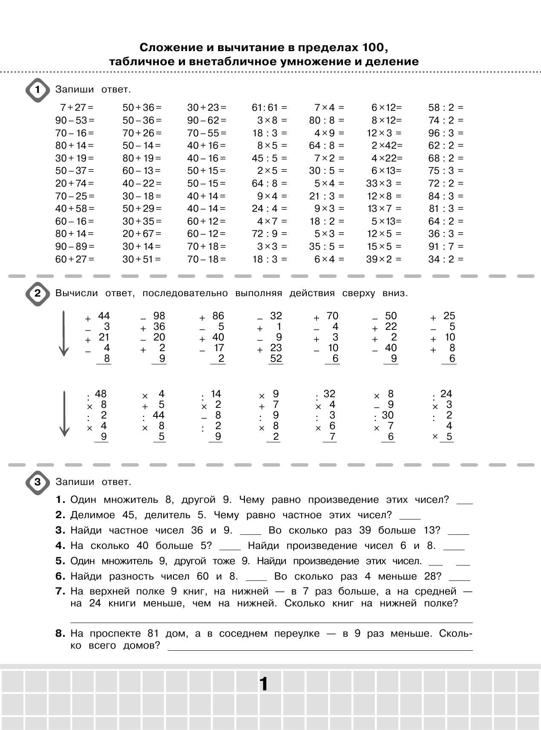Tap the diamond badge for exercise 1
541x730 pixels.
coord(38,90)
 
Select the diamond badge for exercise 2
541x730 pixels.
coord(38,294)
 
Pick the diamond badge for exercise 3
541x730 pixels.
coord(38,482)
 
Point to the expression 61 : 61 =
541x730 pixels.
coord(269,107)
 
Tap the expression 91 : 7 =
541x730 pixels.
coord(446,246)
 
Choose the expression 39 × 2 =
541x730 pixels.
coord(383,259)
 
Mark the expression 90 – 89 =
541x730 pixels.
coord(75,246)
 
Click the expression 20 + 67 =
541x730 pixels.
coord(142,234)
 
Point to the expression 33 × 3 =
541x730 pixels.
coord(383,183)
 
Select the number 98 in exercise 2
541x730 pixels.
coord(159,316)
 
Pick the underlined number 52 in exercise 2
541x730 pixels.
coord(276,358)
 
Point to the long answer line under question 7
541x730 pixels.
coord(271,623)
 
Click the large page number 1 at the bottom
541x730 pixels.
coord(264,684)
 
